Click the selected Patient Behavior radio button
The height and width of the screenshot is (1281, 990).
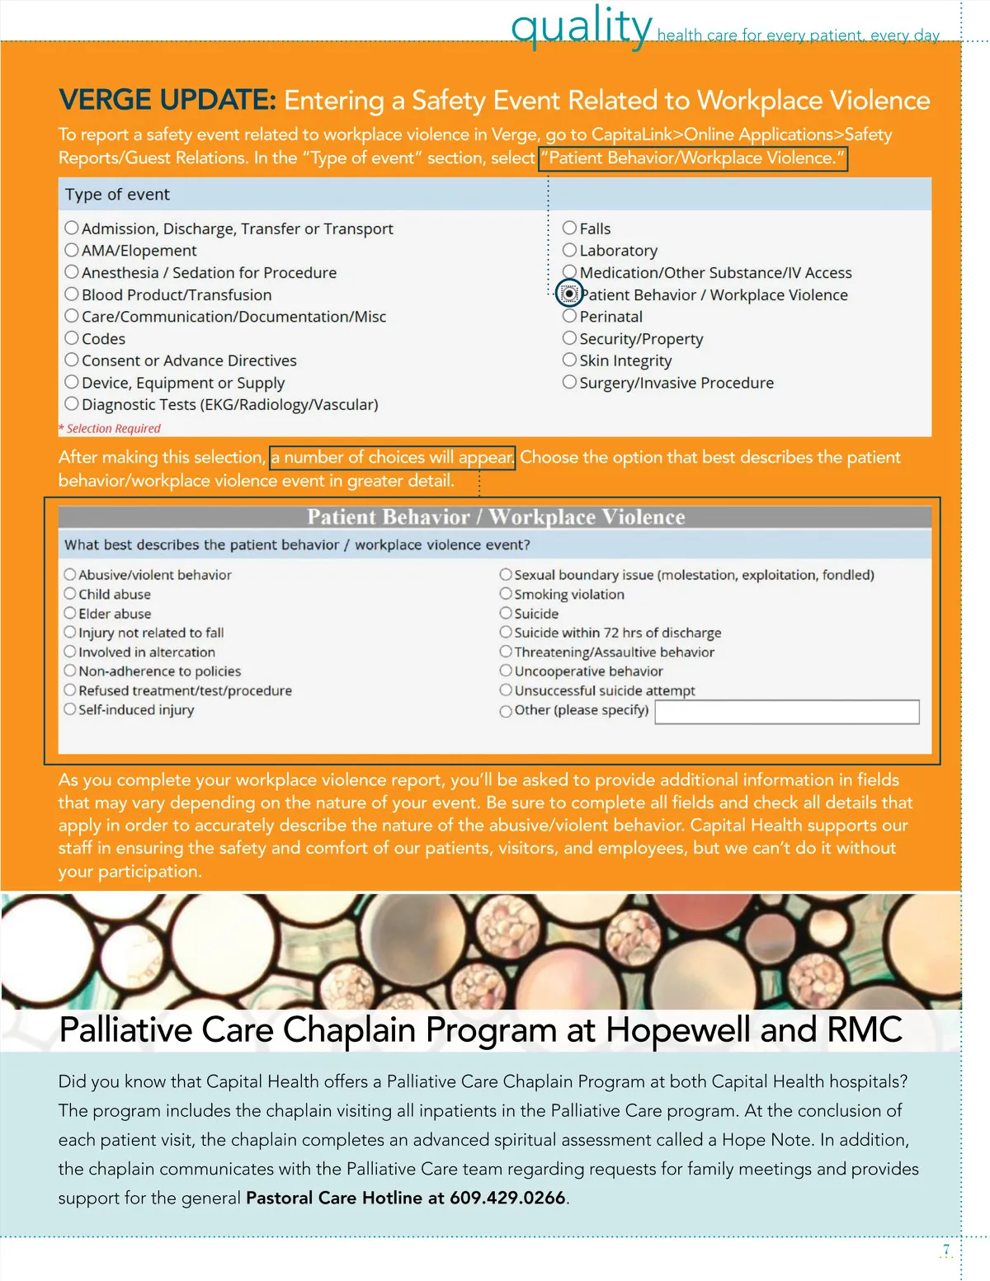569,294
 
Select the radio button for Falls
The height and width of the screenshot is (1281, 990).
569,228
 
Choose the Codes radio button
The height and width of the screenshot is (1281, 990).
72,338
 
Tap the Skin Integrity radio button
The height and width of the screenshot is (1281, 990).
569,360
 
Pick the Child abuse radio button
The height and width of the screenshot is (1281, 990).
70,594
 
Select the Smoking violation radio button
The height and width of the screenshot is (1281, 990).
506,594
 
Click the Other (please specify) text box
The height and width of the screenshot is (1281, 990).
786,712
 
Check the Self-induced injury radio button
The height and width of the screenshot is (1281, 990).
70,709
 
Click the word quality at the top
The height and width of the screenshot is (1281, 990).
582,26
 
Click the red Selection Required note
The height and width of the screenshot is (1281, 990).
111,429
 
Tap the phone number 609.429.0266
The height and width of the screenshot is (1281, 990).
507,1198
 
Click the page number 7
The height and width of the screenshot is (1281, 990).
946,1250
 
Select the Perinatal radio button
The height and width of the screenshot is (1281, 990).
569,316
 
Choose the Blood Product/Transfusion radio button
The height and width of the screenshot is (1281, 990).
72,294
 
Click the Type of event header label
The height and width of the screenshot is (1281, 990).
117,195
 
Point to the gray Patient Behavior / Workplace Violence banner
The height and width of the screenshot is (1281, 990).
495,517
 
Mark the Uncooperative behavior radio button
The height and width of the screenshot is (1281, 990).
506,671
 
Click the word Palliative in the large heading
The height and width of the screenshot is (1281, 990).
125,1030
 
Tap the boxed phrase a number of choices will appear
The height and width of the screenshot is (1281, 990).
393,458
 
